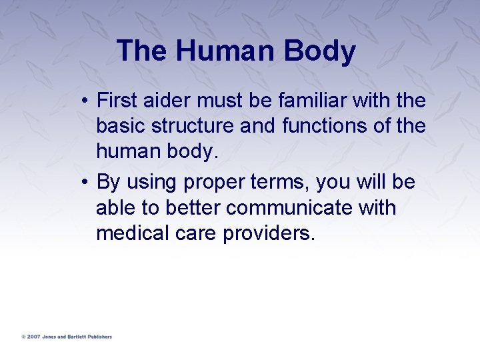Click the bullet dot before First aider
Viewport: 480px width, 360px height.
tap(87, 101)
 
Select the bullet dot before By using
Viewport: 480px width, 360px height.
tap(87, 182)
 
